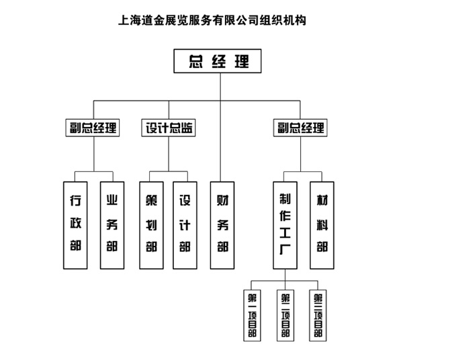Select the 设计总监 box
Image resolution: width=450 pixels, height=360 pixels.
[169, 127]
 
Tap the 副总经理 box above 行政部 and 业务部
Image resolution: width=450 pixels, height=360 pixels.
[93, 127]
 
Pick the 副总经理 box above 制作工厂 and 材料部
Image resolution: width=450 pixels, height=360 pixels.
[300, 127]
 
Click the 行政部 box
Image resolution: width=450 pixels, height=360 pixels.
[75, 224]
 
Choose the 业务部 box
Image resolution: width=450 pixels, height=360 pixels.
[112, 224]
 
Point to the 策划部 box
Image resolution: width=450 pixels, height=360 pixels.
[152, 224]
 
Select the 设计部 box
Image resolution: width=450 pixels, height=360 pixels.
[185, 224]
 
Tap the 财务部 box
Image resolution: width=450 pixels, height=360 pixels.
[222, 224]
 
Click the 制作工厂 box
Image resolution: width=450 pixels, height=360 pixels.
[285, 224]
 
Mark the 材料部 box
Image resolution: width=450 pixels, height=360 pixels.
[322, 224]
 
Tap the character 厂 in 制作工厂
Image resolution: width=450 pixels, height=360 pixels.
[285, 255]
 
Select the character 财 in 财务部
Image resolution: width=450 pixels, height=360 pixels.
[222, 201]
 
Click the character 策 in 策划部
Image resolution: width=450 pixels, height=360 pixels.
[152, 201]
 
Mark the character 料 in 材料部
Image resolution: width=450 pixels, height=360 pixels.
[322, 224]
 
